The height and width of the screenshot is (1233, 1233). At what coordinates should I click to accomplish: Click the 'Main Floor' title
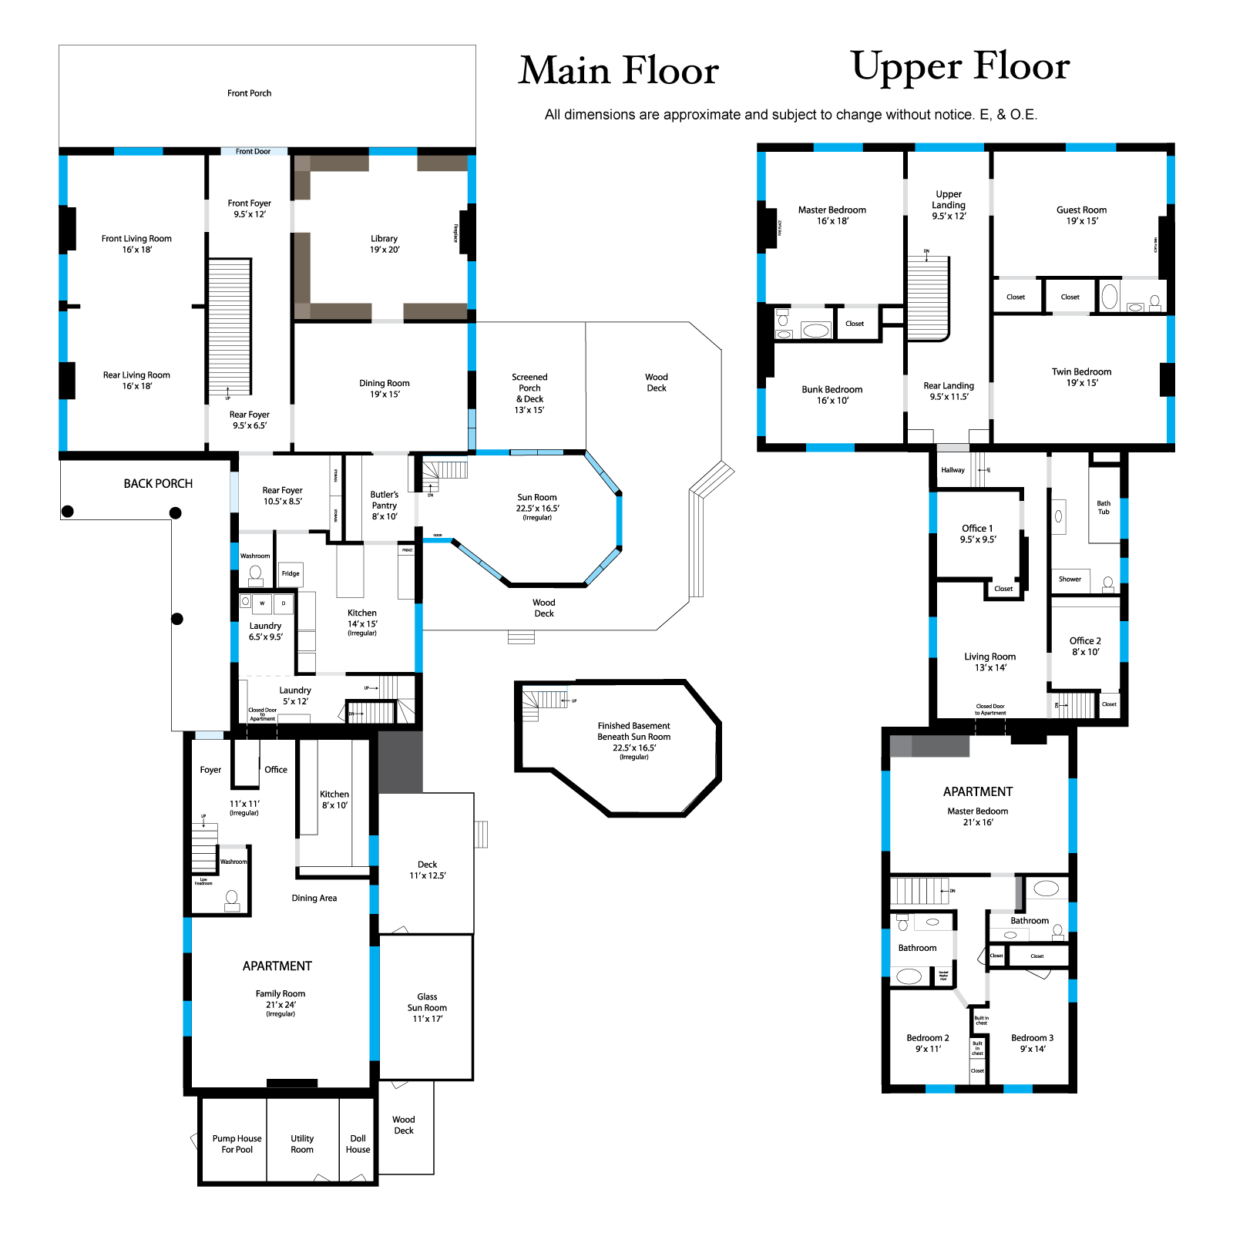coord(619,71)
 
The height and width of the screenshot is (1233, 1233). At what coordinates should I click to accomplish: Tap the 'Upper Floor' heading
coord(960,67)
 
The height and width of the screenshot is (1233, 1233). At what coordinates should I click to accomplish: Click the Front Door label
coord(253,152)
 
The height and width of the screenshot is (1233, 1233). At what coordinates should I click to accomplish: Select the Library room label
coord(384,244)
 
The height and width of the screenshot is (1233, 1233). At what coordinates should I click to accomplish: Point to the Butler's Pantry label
coord(384,506)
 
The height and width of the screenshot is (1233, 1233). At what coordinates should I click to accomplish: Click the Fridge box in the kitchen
coord(291,573)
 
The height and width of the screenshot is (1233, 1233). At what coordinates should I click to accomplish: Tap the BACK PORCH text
coord(158,484)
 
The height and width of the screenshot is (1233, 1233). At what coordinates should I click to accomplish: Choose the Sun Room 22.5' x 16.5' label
coord(537,503)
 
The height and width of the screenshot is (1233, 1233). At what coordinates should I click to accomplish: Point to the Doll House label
coord(358,1144)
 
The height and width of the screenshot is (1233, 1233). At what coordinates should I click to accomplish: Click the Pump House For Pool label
coord(237,1144)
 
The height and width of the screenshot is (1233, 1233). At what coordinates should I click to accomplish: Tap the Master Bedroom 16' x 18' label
coord(832,215)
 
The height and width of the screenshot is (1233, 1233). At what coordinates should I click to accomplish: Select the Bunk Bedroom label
coord(832,395)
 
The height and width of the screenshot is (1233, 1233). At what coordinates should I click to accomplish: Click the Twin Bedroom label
coord(1081,377)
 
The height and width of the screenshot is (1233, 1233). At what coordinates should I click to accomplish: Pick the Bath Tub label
coord(1104,507)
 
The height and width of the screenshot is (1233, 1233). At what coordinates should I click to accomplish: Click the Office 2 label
coord(1085,646)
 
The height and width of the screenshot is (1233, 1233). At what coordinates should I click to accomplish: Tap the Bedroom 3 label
coord(1032,1043)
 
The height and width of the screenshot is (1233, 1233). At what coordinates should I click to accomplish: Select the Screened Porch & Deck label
coord(529,393)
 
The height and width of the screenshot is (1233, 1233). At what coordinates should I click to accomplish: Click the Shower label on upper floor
coord(1070,580)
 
